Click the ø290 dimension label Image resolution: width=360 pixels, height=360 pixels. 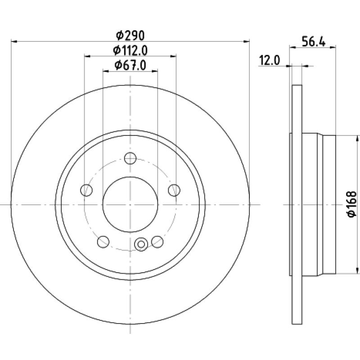(130, 36)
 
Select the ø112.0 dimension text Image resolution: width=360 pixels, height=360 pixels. (130, 50)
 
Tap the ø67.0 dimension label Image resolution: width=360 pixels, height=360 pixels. (130, 65)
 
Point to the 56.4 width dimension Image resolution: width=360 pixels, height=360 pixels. (313, 42)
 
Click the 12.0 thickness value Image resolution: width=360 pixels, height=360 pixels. (270, 61)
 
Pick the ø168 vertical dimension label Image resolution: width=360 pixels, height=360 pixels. (352, 204)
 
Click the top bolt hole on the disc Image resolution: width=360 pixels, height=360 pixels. (130, 158)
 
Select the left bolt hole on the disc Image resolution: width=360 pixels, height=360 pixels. (86, 190)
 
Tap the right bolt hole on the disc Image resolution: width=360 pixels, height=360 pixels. (174, 190)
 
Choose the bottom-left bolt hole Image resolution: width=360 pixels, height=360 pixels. (103, 242)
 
